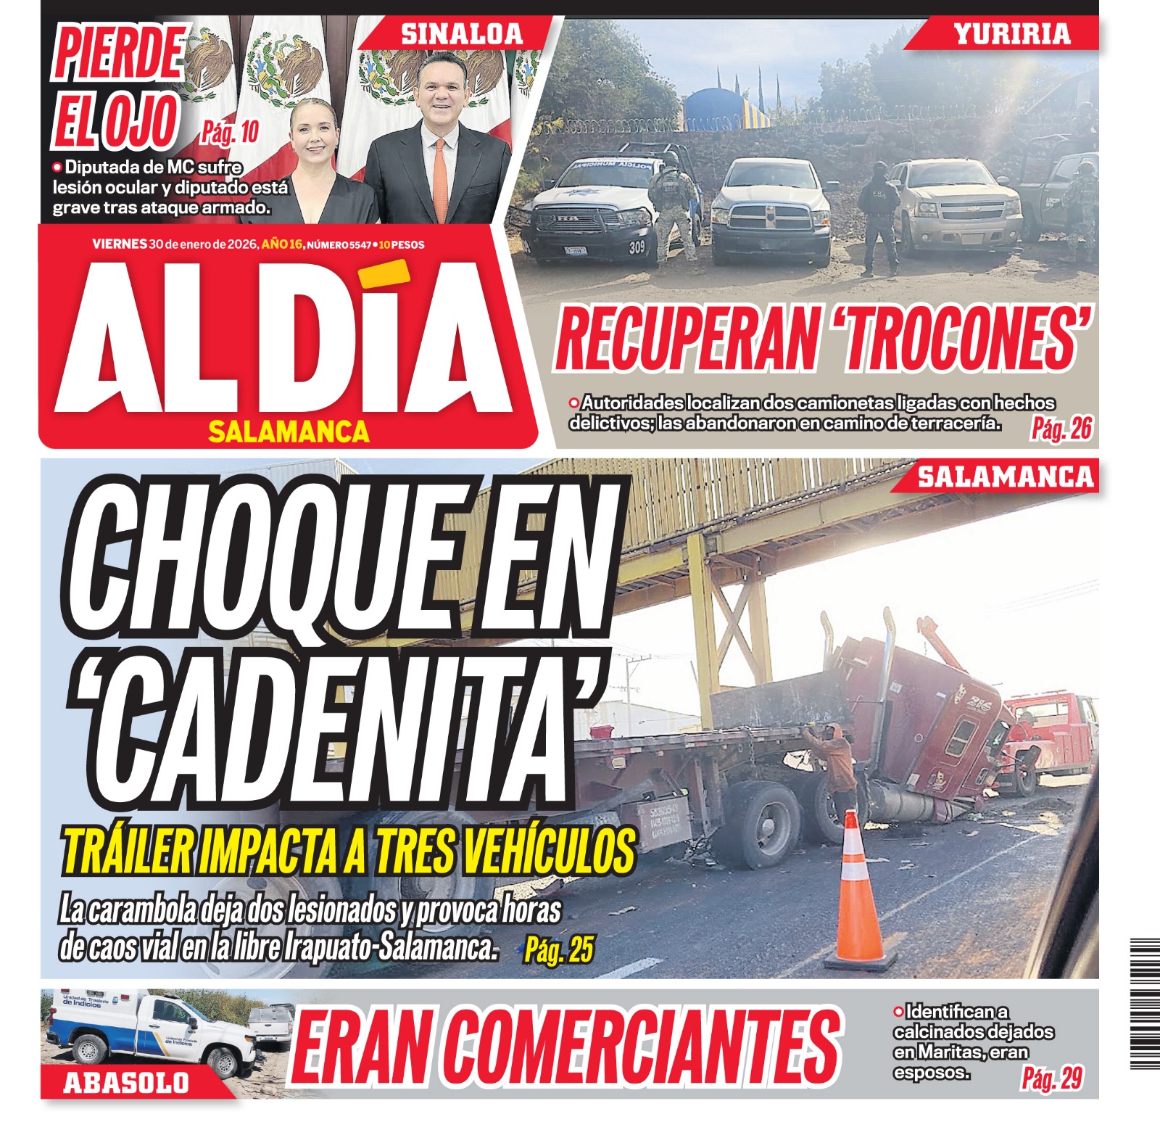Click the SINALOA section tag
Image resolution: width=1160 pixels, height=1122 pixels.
tap(462, 34)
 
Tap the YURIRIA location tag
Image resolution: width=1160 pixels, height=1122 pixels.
tap(1011, 34)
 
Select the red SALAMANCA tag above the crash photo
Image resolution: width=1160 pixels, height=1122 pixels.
tap(1005, 477)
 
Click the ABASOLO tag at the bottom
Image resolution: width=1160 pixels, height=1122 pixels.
tap(126, 1083)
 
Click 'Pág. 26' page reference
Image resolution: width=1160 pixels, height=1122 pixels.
tap(1061, 429)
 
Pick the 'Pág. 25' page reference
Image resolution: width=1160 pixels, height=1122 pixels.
tap(559, 949)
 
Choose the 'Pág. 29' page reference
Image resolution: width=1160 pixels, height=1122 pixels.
tap(1052, 1078)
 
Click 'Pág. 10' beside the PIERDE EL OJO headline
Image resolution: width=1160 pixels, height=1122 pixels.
tap(230, 133)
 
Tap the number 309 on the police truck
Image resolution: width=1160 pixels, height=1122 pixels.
tap(637, 248)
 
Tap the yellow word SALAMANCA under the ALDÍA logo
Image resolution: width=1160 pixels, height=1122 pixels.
tap(289, 432)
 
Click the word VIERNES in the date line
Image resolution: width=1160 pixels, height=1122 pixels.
tap(120, 244)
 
